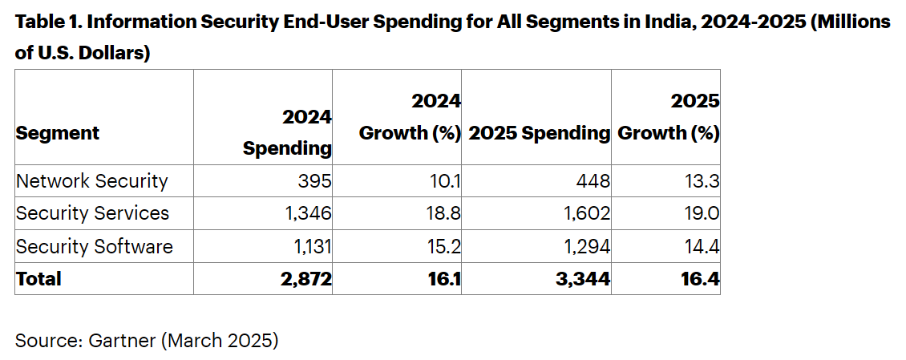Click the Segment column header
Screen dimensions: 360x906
tap(58, 133)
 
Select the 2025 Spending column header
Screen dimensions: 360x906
tap(539, 133)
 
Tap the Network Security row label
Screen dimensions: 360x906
tap(92, 181)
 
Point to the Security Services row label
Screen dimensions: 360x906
tap(93, 213)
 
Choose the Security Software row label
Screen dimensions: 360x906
tap(95, 246)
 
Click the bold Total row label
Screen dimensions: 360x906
tap(38, 278)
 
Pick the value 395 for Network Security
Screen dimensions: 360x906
tap(315, 181)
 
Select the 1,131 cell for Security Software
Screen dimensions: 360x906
tap(310, 246)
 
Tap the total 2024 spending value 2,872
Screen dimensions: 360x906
tap(306, 278)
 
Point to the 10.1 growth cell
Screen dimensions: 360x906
tap(446, 181)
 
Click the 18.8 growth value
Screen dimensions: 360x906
tap(444, 213)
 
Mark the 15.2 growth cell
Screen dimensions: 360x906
tap(445, 246)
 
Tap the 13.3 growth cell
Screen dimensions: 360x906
tap(702, 181)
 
